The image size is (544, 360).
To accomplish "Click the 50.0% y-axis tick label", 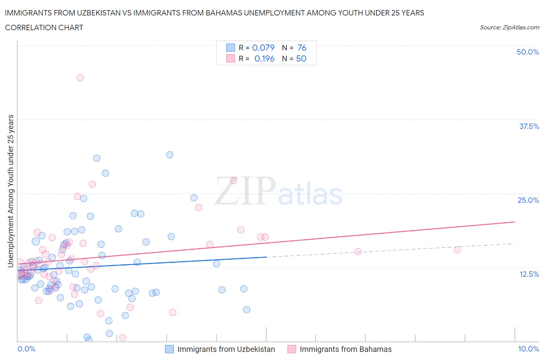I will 527,52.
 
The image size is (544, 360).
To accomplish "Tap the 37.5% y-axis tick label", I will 529,126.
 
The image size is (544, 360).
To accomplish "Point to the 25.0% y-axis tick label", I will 528,200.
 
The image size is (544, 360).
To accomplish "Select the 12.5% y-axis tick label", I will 529,274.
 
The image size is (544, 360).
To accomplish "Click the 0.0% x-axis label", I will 26,349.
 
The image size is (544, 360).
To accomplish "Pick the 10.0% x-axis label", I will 528,349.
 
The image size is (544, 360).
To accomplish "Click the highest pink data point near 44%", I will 80,78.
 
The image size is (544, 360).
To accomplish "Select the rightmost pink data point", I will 457,250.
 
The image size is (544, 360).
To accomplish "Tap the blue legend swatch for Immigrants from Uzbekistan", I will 169,349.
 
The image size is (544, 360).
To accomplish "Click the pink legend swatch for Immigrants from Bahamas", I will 292,349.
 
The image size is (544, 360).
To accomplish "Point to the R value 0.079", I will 263,48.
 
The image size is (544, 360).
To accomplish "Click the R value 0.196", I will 264,58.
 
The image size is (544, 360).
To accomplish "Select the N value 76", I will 302,48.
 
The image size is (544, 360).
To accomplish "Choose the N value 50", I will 301,58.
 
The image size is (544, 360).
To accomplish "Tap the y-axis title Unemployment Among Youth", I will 11,191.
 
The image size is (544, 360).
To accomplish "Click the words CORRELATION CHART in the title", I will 44,27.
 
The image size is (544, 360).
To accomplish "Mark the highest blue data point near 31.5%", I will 169,155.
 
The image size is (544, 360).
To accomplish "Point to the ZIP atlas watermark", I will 279,191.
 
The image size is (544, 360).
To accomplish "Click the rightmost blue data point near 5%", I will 246,310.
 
